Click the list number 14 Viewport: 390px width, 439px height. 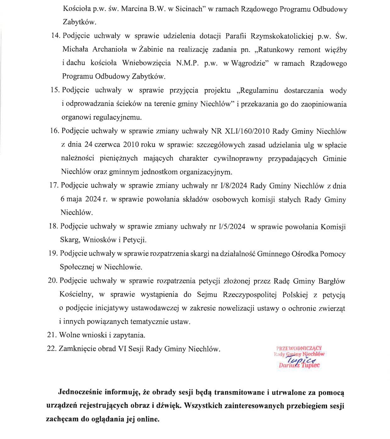pos(55,36)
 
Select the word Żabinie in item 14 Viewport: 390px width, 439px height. pos(151,49)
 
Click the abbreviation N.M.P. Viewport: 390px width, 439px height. pos(187,63)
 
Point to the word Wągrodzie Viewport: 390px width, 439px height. pos(250,63)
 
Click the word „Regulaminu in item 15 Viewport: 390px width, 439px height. pos(257,91)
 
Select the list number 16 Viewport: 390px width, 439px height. pos(54,131)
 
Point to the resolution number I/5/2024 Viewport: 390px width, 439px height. pos(232,227)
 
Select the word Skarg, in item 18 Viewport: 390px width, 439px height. pos(70,240)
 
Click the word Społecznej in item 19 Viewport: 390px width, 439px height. pos(77,267)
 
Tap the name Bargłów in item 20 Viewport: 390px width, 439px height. pos(332,281)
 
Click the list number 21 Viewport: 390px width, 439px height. pos(52,335)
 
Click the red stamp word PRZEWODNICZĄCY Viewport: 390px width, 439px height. pos(299,348)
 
